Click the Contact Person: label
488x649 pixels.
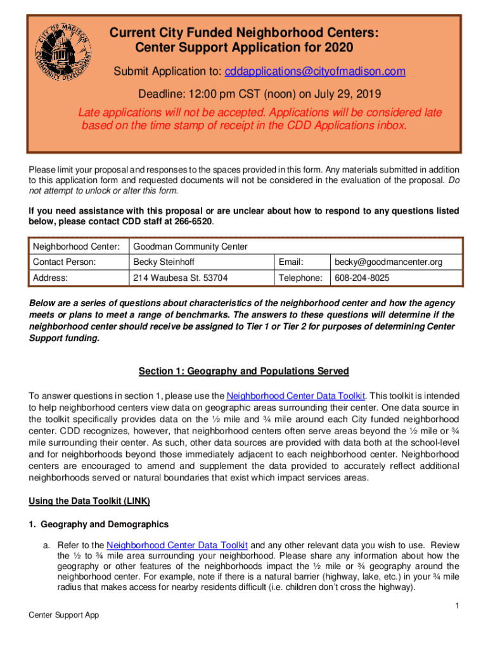[x=65, y=262]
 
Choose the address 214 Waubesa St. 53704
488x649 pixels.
[x=180, y=278]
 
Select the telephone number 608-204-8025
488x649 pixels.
[x=362, y=278]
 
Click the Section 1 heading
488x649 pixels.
[x=243, y=371]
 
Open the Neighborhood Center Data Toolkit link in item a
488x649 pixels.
[x=179, y=545]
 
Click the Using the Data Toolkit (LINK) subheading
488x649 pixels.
[x=89, y=501]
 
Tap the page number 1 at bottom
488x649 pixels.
[x=457, y=607]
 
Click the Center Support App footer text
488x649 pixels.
[x=63, y=615]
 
